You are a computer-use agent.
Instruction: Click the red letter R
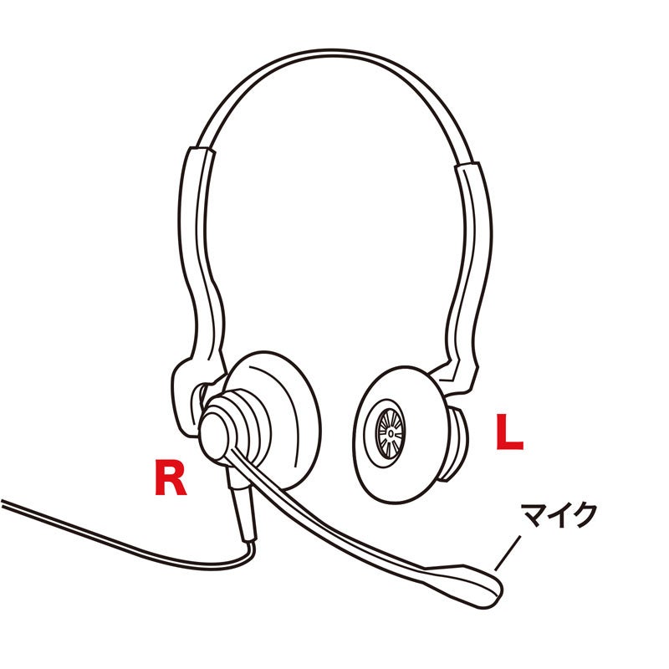coord(170,477)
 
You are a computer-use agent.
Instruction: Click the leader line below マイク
coord(508,553)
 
